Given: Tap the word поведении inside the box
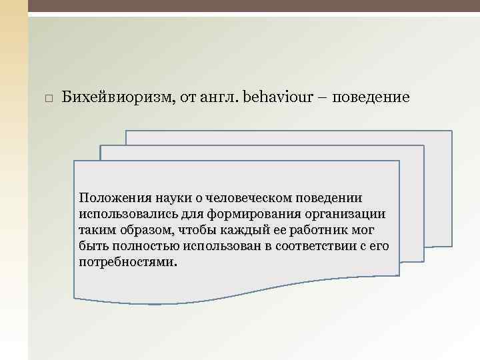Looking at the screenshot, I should [x=331, y=198].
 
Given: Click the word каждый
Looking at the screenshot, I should [x=234, y=230].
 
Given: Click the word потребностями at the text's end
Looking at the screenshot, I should [x=127, y=262].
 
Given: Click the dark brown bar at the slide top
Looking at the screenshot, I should [x=253, y=6].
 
